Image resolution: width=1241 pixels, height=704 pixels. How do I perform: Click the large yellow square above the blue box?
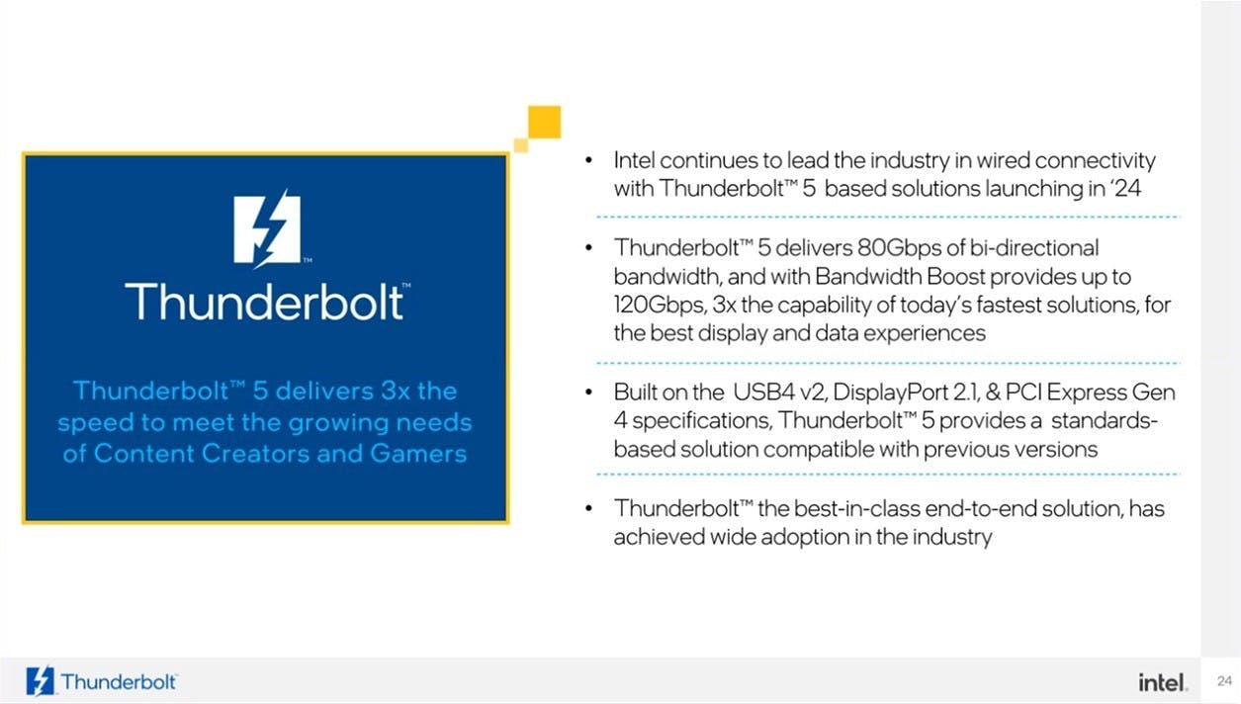544,122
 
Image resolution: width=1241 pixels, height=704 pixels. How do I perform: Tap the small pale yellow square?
521,145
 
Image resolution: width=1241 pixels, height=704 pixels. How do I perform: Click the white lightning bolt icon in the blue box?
268,228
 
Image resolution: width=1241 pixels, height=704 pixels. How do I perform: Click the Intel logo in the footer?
1163,682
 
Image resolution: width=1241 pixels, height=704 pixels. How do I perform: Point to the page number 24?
1224,680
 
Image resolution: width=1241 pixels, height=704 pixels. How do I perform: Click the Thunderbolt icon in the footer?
41,680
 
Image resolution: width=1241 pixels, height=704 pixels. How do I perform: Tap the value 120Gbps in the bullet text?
660,305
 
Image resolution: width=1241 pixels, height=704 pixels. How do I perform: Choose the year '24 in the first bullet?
1125,188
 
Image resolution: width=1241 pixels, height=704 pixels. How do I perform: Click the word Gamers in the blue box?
418,453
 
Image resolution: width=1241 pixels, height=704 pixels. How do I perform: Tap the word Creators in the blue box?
254,453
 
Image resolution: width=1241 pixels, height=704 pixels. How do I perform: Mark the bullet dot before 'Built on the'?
588,393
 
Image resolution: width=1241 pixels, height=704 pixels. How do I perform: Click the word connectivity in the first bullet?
1095,160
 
